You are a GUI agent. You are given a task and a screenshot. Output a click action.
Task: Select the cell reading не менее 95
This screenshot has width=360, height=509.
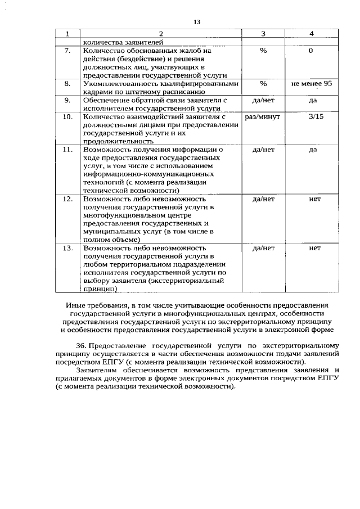(312, 83)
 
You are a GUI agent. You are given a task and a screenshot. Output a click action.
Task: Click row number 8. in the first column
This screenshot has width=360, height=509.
(67, 84)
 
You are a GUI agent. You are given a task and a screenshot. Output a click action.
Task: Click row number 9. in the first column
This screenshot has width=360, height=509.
(67, 100)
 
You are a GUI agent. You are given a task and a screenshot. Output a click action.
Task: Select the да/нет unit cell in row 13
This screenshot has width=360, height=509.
(263, 247)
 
